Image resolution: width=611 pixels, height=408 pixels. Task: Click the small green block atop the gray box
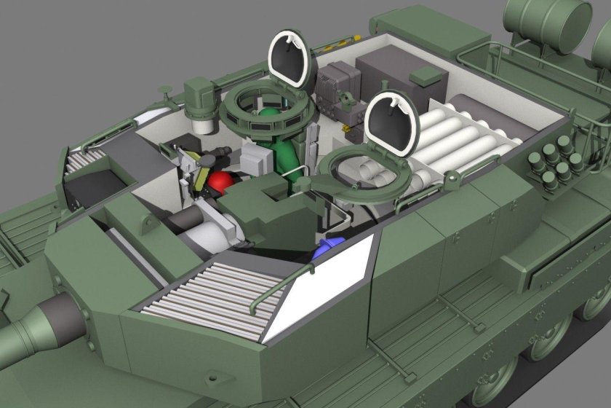click(426, 74)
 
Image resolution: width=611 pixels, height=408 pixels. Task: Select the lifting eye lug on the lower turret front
click(87, 315)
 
